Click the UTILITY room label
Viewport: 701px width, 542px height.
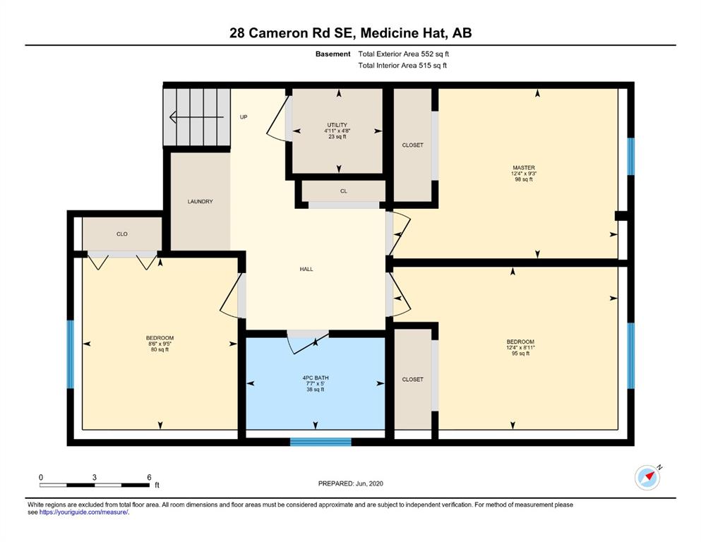pyautogui.click(x=337, y=125)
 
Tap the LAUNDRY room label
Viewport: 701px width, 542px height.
pyautogui.click(x=200, y=202)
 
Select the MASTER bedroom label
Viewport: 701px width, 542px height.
pyautogui.click(x=524, y=167)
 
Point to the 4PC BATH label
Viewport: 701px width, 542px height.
pyautogui.click(x=316, y=378)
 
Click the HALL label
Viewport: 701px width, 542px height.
pyautogui.click(x=306, y=269)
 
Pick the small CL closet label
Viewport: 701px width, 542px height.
pyautogui.click(x=343, y=191)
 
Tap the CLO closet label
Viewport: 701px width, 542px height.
pyautogui.click(x=122, y=234)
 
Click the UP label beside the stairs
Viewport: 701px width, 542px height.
pyautogui.click(x=244, y=117)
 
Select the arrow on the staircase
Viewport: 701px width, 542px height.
pyautogui.click(x=196, y=117)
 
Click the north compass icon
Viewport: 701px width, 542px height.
pyautogui.click(x=647, y=478)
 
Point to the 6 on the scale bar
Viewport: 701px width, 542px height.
pyautogui.click(x=150, y=477)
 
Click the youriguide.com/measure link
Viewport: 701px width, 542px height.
pyautogui.click(x=83, y=512)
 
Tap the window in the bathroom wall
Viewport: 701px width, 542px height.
pyautogui.click(x=320, y=442)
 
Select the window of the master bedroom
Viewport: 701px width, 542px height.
pyautogui.click(x=631, y=157)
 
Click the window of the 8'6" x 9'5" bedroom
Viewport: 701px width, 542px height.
pyautogui.click(x=70, y=354)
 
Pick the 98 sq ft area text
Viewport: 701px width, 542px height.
pyautogui.click(x=524, y=179)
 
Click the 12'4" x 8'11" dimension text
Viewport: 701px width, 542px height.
pyautogui.click(x=521, y=348)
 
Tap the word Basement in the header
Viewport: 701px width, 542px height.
pyautogui.click(x=333, y=54)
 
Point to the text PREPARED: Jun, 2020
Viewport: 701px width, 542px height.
pyautogui.click(x=350, y=483)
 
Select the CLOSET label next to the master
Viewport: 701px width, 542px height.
pyautogui.click(x=413, y=145)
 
